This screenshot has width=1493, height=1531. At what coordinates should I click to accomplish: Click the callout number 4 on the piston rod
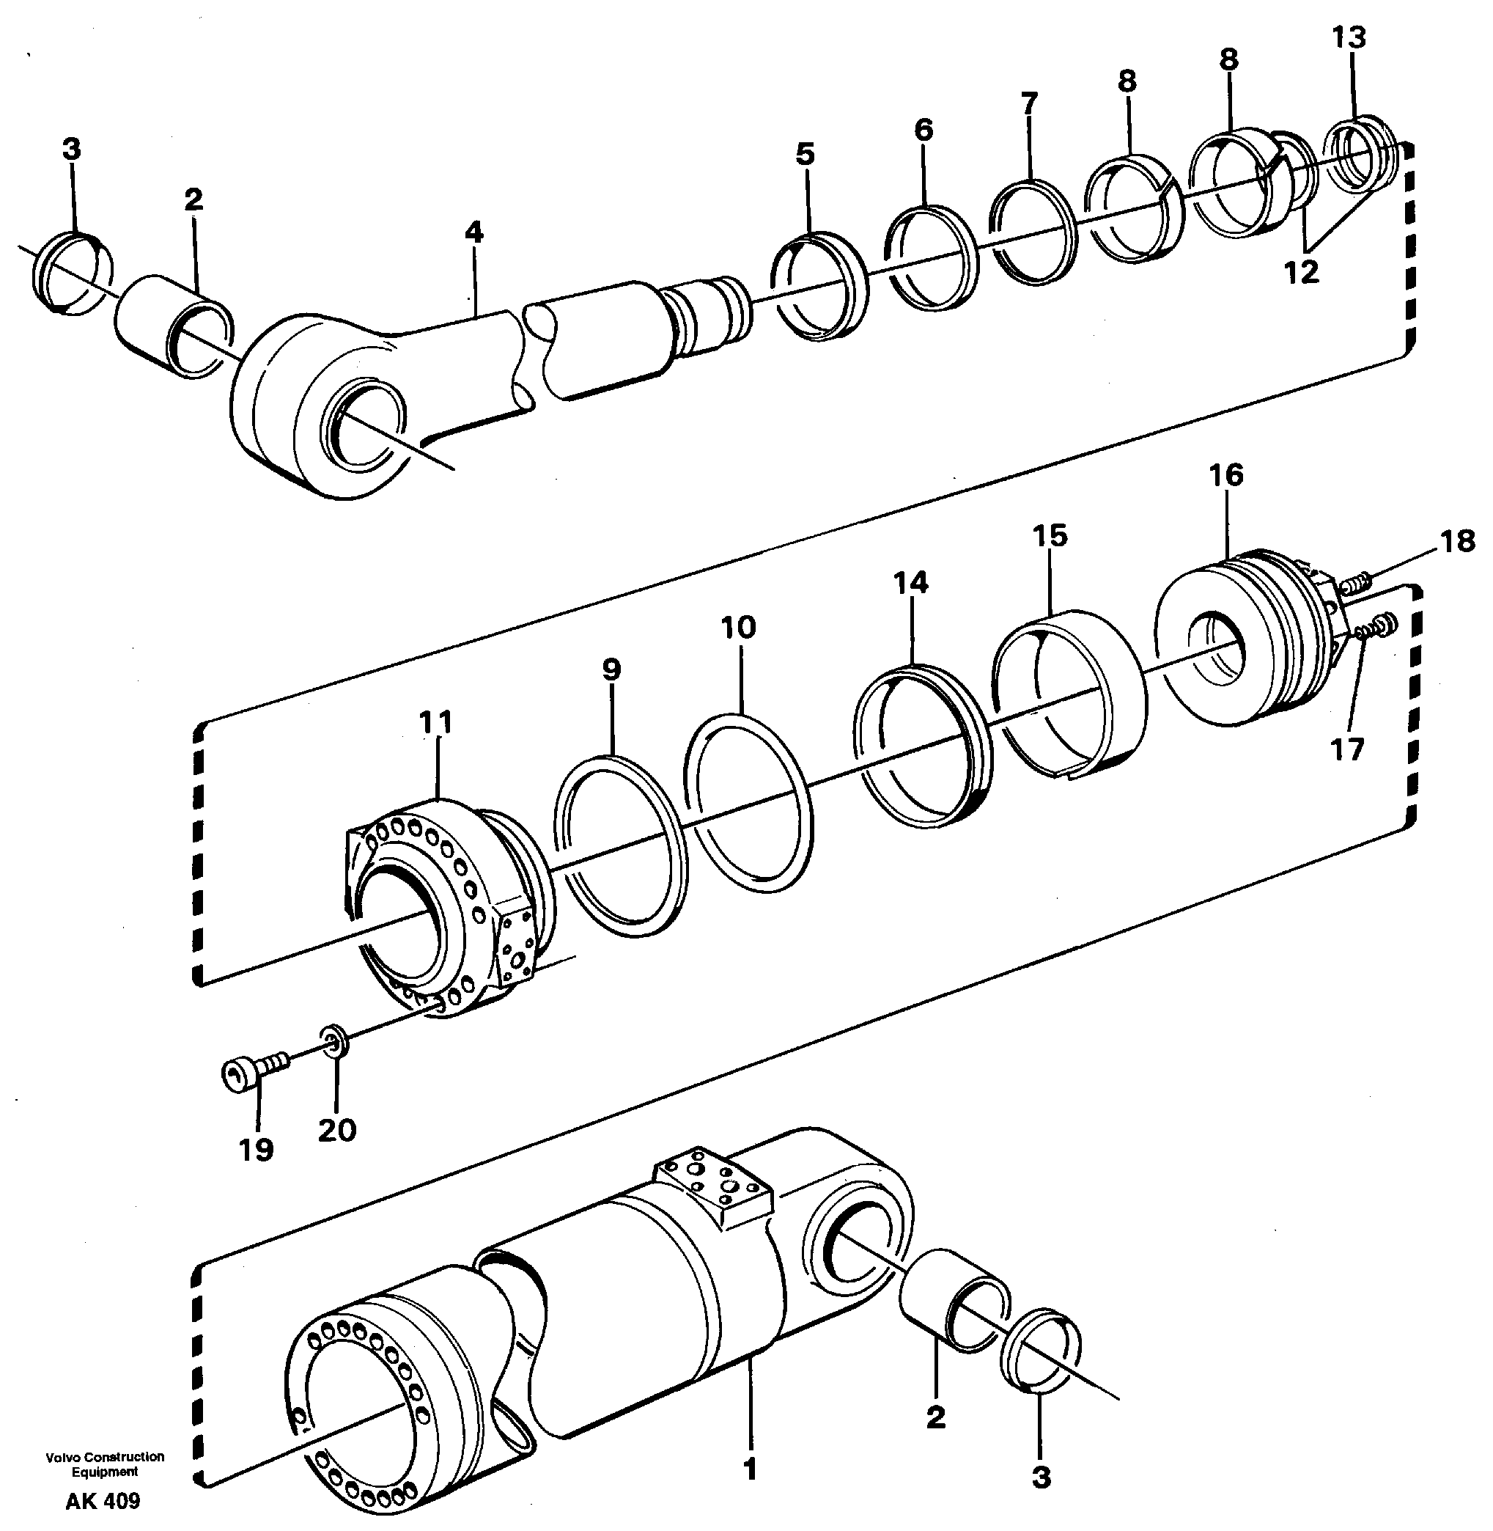[473, 232]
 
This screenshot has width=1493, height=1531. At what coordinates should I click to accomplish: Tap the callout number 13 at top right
[1349, 37]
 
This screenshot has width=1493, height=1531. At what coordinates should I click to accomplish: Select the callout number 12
[1301, 272]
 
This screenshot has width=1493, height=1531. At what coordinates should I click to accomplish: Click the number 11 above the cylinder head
[436, 722]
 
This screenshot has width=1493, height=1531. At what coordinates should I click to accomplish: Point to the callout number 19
[257, 1150]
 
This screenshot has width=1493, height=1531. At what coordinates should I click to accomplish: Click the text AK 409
[103, 1501]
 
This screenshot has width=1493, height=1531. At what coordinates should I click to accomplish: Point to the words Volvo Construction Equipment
[105, 1464]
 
